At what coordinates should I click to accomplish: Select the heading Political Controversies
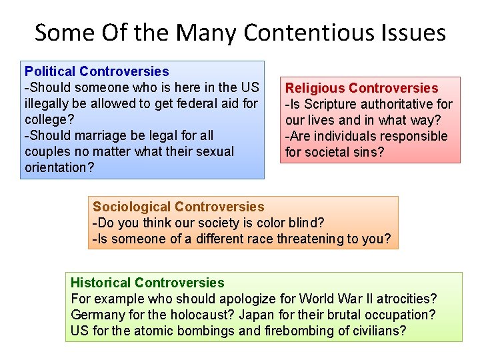pyautogui.click(x=97, y=71)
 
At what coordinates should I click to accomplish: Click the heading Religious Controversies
pyautogui.click(x=362, y=88)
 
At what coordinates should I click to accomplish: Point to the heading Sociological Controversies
pyautogui.click(x=179, y=207)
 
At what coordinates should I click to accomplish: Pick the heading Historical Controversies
pyautogui.click(x=147, y=283)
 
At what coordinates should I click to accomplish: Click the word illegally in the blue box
pyautogui.click(x=49, y=103)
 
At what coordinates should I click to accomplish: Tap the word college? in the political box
pyautogui.click(x=47, y=119)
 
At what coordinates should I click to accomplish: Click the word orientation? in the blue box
pyautogui.click(x=59, y=167)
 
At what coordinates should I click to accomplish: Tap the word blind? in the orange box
pyautogui.click(x=307, y=223)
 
